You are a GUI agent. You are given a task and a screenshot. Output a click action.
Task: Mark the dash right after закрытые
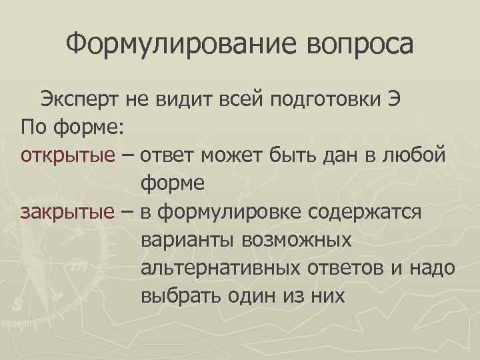pyautogui.click(x=126, y=211)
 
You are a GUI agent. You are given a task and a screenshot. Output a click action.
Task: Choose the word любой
pyautogui.click(x=421, y=155)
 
